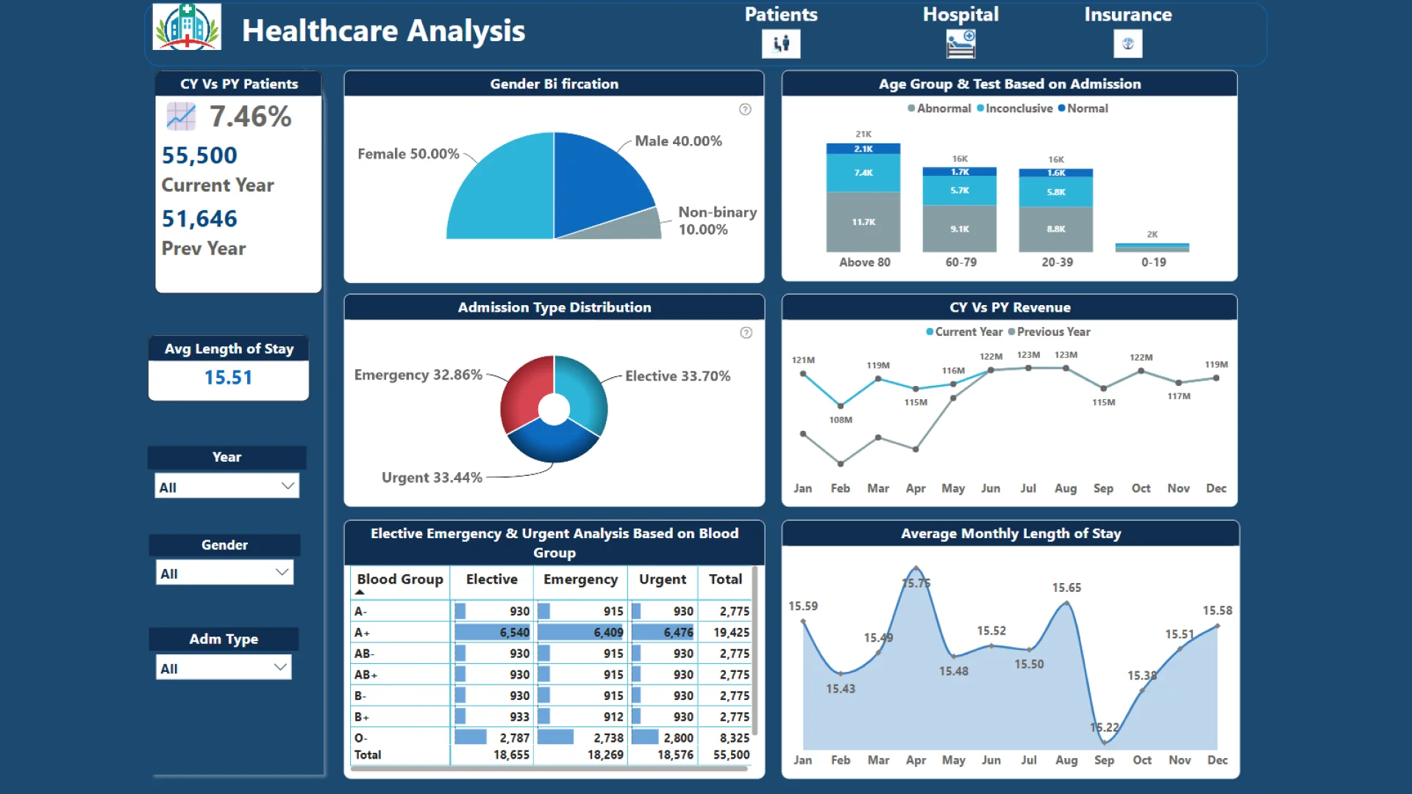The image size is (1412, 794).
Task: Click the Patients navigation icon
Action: tap(781, 44)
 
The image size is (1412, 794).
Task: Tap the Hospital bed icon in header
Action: tap(960, 44)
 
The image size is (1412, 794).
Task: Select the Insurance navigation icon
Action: tap(1127, 44)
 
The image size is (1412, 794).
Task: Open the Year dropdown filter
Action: tap(227, 486)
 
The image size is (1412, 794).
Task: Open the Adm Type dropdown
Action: tap(224, 668)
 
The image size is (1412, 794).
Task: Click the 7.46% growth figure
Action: tap(250, 116)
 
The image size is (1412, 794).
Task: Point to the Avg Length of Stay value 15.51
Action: tap(228, 378)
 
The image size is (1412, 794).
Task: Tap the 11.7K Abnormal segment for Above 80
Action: tap(863, 222)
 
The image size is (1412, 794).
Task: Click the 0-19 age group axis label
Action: tap(1153, 262)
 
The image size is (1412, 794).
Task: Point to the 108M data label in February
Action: tap(841, 420)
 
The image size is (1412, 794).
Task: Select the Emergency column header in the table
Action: tap(580, 579)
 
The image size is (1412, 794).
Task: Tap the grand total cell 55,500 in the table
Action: tap(731, 755)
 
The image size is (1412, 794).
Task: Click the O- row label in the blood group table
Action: tap(361, 737)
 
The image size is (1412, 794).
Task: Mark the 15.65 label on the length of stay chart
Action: tap(1066, 587)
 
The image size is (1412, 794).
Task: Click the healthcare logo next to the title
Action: tap(187, 27)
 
